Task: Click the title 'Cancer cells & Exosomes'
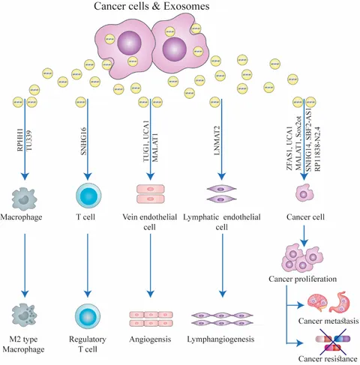pos(151,6)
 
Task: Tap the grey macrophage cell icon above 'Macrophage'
pos(24,199)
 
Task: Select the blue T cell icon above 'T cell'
pos(88,195)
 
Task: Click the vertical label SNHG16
pos(84,141)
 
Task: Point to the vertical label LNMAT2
pos(217,140)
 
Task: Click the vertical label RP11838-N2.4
pos(317,149)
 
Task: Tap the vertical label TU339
pos(29,141)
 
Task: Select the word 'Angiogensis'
pos(150,340)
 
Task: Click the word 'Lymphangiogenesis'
pos(220,340)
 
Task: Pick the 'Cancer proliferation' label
pos(302,279)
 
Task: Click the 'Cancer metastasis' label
pos(328,321)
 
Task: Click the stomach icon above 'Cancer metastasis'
pos(340,302)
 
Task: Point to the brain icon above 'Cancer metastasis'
pos(317,303)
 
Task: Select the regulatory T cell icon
pos(88,316)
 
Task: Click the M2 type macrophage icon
pos(24,315)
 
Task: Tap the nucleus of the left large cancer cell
pos(130,43)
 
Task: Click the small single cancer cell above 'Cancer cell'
pos(304,193)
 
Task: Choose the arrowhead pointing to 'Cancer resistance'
pos(300,343)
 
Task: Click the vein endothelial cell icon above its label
pos(151,194)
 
